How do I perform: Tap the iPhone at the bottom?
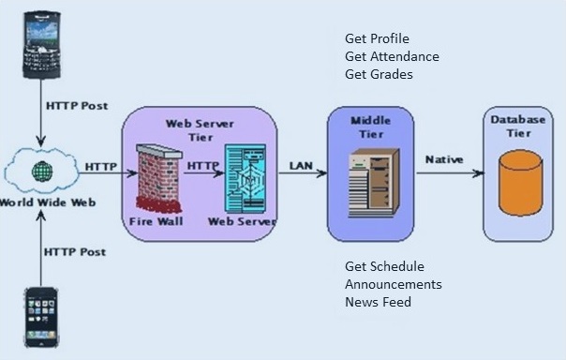pos(41,320)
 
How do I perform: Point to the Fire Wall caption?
pos(156,222)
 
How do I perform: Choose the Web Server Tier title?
pos(199,129)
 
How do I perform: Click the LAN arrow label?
pos(301,165)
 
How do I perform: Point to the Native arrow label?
pos(444,159)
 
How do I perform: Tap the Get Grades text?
pos(379,74)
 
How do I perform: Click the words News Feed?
pos(378,302)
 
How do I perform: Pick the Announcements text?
pos(393,284)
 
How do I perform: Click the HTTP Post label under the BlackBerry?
pos(76,105)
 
